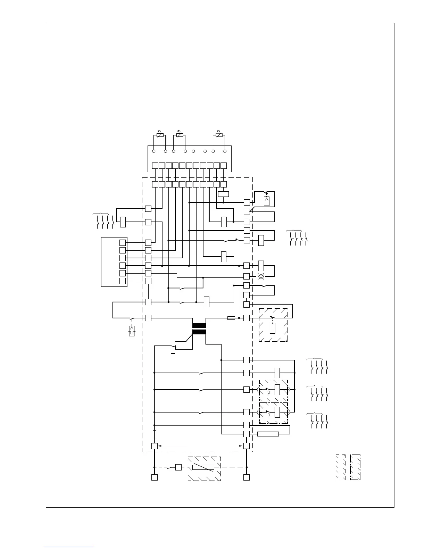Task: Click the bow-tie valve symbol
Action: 261,276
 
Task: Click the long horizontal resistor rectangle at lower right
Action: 268,434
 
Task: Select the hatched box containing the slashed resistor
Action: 204,468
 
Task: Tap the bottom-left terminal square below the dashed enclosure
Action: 155,477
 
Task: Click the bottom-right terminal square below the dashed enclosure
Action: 247,477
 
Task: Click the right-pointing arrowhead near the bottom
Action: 241,446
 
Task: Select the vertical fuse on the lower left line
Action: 155,434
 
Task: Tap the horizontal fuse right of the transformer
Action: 231,318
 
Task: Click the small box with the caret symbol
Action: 267,201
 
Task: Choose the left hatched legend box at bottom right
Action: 340,467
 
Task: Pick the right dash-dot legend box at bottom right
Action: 355,467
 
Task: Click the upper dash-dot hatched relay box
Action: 274,390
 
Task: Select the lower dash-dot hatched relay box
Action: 274,413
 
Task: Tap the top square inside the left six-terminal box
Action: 122,243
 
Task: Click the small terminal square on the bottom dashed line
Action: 178,467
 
